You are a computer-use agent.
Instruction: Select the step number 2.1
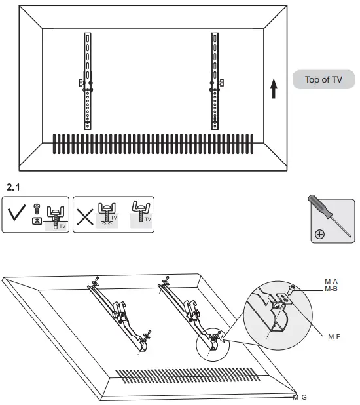tap(13, 187)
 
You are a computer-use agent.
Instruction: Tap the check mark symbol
tap(18, 214)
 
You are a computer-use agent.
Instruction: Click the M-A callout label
tap(331, 282)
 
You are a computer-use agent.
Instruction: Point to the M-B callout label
tap(331, 288)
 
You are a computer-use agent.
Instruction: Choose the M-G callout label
tap(300, 397)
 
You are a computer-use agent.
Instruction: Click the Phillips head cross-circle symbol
tap(318, 234)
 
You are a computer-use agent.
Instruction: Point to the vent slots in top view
tap(152, 145)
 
